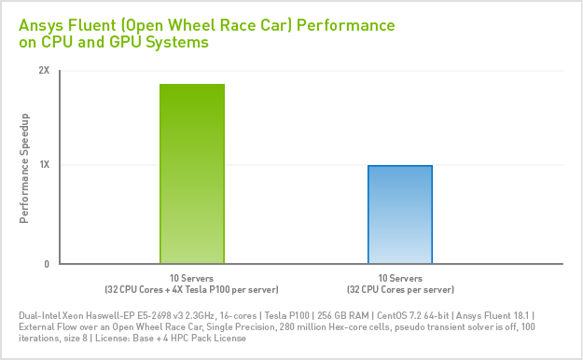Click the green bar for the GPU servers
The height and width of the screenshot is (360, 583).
(x=192, y=174)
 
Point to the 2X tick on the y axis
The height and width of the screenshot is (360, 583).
(x=44, y=71)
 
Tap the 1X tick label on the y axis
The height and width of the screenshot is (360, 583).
(x=44, y=165)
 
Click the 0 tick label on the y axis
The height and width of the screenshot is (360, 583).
(x=46, y=264)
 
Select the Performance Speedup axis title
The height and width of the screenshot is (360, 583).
(x=25, y=168)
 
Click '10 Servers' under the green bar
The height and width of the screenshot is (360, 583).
(x=191, y=279)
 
